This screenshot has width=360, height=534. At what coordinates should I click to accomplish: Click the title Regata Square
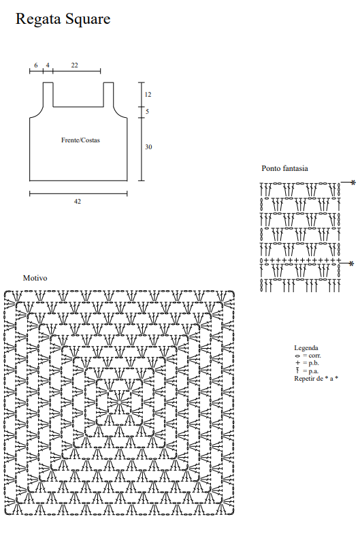click(63, 19)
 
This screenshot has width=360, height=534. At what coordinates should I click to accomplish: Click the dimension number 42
click(78, 202)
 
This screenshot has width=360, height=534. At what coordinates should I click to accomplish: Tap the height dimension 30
click(148, 147)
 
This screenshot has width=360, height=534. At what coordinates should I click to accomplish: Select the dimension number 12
click(148, 94)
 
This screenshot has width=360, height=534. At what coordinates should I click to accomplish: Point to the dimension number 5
click(147, 112)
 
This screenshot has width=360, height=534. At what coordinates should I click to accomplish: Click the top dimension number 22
click(75, 65)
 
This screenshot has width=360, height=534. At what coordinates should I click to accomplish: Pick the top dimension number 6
click(36, 65)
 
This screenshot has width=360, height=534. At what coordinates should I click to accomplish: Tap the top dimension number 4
click(48, 65)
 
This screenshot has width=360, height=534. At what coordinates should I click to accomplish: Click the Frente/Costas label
click(80, 140)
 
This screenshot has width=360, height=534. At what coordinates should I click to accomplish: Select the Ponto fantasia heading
click(284, 168)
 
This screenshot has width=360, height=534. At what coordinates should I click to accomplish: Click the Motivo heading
click(35, 278)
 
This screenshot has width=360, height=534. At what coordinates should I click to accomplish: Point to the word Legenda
click(306, 347)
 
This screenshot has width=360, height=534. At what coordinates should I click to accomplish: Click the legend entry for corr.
click(308, 356)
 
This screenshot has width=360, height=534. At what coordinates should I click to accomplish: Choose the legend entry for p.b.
click(308, 363)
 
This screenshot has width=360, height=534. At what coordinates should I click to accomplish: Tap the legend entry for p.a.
click(308, 371)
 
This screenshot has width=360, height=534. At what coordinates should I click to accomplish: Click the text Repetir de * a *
click(316, 379)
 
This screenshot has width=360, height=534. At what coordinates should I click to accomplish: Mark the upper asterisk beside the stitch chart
click(353, 183)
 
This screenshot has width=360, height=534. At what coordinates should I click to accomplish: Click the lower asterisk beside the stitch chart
click(351, 264)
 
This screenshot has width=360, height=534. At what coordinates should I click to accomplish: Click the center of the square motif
click(119, 402)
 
